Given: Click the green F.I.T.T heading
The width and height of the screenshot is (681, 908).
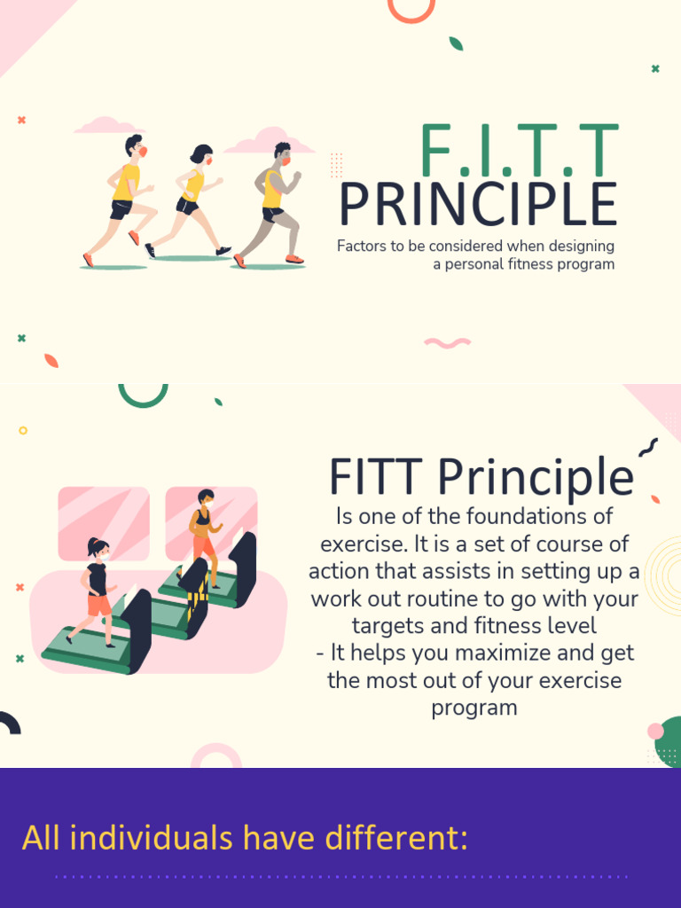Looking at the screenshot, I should [518, 151].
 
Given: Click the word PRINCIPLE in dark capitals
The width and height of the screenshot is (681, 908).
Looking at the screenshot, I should [478, 206].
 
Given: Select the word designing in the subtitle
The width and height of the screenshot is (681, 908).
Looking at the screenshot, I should [582, 247].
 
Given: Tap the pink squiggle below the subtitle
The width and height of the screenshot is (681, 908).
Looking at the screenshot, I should [447, 342].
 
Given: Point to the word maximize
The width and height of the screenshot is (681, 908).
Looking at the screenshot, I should [462, 654].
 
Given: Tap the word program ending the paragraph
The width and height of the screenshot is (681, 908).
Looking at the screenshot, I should [474, 708].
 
